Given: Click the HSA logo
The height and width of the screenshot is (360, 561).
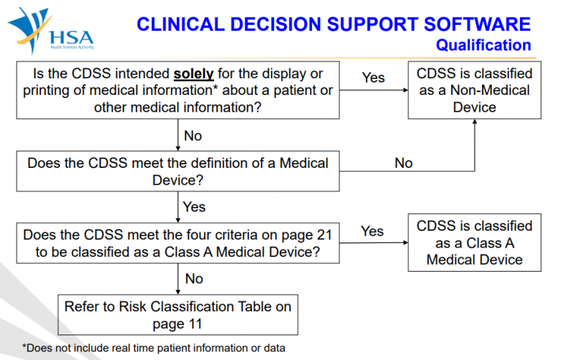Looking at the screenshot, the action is tap(51, 31).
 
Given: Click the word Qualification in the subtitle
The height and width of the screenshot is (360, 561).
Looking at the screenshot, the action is tap(484, 45).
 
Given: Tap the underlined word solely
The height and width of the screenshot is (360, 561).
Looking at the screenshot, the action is tap(194, 74).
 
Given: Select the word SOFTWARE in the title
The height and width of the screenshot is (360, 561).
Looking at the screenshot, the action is tap(477, 24).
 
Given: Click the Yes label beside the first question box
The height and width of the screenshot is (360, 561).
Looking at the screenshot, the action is tap(373, 77).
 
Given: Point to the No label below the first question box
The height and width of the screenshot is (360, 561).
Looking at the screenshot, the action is tap(193, 136).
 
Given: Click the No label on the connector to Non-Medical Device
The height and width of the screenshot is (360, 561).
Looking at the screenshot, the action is tap(403, 163).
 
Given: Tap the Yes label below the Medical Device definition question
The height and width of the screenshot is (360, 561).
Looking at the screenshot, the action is tap(194, 207).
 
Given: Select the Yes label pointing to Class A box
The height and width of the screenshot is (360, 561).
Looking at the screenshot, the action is tap(372, 231).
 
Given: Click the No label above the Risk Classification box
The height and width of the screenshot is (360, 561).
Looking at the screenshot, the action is tap(194, 278).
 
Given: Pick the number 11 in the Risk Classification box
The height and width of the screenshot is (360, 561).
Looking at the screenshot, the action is tap(195, 324).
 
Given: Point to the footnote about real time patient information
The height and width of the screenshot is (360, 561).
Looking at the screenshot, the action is tap(154, 348).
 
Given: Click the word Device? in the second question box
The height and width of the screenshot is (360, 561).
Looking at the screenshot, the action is tap(178, 180).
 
